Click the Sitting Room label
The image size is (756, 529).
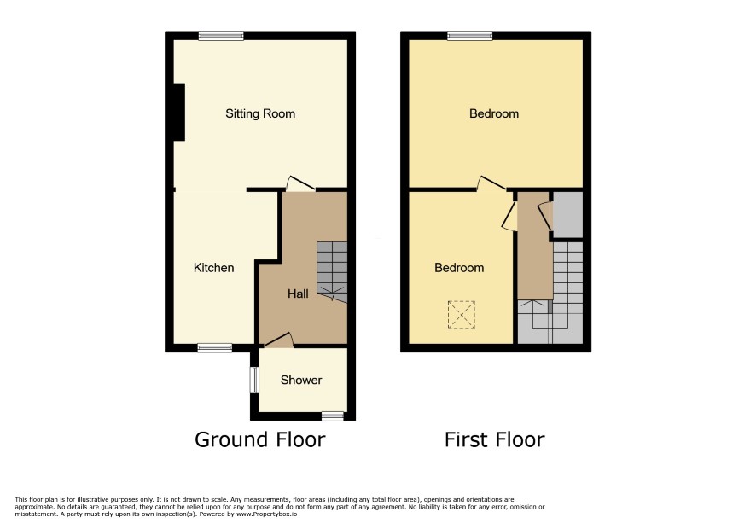click(260, 113)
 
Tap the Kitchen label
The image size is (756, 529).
click(213, 268)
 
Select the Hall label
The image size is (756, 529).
click(298, 294)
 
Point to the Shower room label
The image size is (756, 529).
click(301, 380)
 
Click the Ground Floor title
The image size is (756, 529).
click(260, 439)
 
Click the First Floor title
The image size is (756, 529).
click(494, 439)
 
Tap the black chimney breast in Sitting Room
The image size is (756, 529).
click(179, 113)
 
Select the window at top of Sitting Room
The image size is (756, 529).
click(221, 36)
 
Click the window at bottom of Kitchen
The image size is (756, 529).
click(214, 347)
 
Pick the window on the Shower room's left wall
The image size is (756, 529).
click(254, 380)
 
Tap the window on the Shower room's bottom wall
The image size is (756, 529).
click(333, 416)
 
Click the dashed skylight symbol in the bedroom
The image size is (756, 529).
click(462, 315)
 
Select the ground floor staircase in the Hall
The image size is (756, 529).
click(332, 272)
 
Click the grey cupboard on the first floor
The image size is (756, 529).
click(568, 215)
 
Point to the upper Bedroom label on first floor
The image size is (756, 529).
click(494, 113)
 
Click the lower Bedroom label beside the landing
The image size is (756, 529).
click(459, 268)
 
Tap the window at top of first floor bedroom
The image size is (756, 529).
click(470, 36)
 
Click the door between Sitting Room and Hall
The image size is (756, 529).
click(299, 183)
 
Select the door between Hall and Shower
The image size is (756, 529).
click(279, 340)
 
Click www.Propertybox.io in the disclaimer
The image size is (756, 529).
click(266, 514)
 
